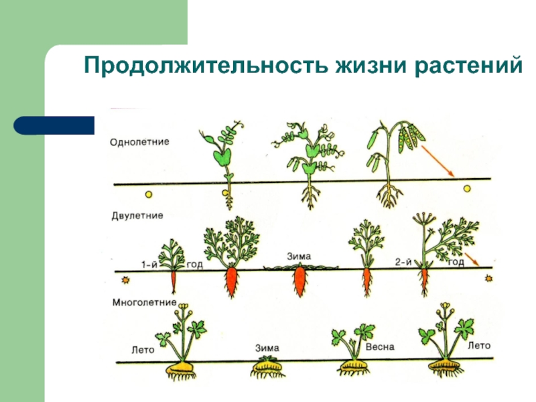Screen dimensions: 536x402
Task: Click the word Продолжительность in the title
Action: coord(206,65)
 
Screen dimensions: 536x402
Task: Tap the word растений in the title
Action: coord(468,65)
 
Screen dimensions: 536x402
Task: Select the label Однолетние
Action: coord(139,142)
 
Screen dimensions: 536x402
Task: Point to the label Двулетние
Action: coord(137,216)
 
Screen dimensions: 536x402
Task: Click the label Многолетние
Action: coord(144,303)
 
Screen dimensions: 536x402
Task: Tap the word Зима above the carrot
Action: coord(298,257)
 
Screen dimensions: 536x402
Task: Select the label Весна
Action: coord(380,346)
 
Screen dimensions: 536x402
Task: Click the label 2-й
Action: coord(403,262)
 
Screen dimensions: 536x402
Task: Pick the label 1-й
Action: coord(149,265)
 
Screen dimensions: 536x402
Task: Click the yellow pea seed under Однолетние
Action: coord(148,194)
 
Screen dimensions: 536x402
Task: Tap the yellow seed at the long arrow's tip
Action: coord(466,189)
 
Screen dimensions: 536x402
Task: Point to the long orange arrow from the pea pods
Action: coord(438,161)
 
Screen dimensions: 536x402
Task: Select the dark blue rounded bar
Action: coord(54,125)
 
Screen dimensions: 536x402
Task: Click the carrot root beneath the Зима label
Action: coord(299,281)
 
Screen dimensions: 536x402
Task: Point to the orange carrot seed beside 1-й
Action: coord(125,280)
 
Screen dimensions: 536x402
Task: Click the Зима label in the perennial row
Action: coord(267,348)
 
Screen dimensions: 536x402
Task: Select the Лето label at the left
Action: coord(143,350)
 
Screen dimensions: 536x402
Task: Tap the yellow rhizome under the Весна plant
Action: coord(354,367)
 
